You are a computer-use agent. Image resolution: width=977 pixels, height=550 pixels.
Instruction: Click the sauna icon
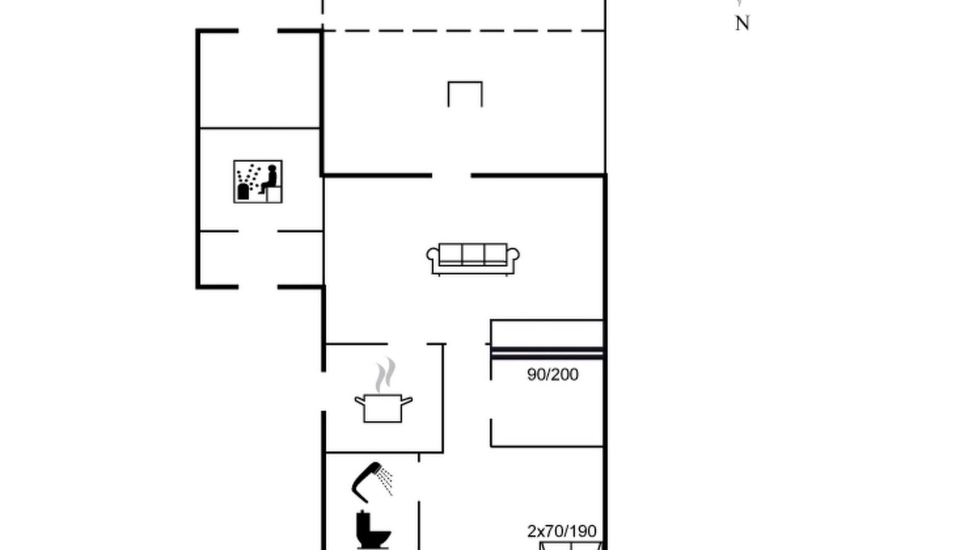point(258,182)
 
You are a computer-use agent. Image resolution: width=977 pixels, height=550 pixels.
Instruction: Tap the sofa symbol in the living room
point(472,260)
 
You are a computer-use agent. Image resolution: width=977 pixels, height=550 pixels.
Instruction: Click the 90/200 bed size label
point(553,374)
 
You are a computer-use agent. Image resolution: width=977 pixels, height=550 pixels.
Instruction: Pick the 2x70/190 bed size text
point(562,531)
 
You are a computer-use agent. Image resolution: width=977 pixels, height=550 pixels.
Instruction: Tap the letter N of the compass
point(743,23)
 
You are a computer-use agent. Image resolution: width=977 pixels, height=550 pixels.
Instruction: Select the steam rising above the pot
point(385,375)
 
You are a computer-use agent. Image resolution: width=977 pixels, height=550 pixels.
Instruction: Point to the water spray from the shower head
point(385,480)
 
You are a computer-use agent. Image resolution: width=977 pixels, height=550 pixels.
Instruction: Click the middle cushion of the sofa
point(472,254)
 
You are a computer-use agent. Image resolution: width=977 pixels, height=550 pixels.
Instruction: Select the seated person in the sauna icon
point(269,179)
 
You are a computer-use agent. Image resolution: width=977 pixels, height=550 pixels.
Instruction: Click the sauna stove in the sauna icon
point(243,192)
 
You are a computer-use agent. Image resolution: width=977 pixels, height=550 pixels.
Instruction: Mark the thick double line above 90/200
point(547,353)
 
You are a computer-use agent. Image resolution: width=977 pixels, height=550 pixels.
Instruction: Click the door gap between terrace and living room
point(451,176)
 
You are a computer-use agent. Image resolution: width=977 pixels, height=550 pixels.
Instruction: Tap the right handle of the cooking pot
point(407,401)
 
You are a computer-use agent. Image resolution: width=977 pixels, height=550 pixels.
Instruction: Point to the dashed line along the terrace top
point(463,31)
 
